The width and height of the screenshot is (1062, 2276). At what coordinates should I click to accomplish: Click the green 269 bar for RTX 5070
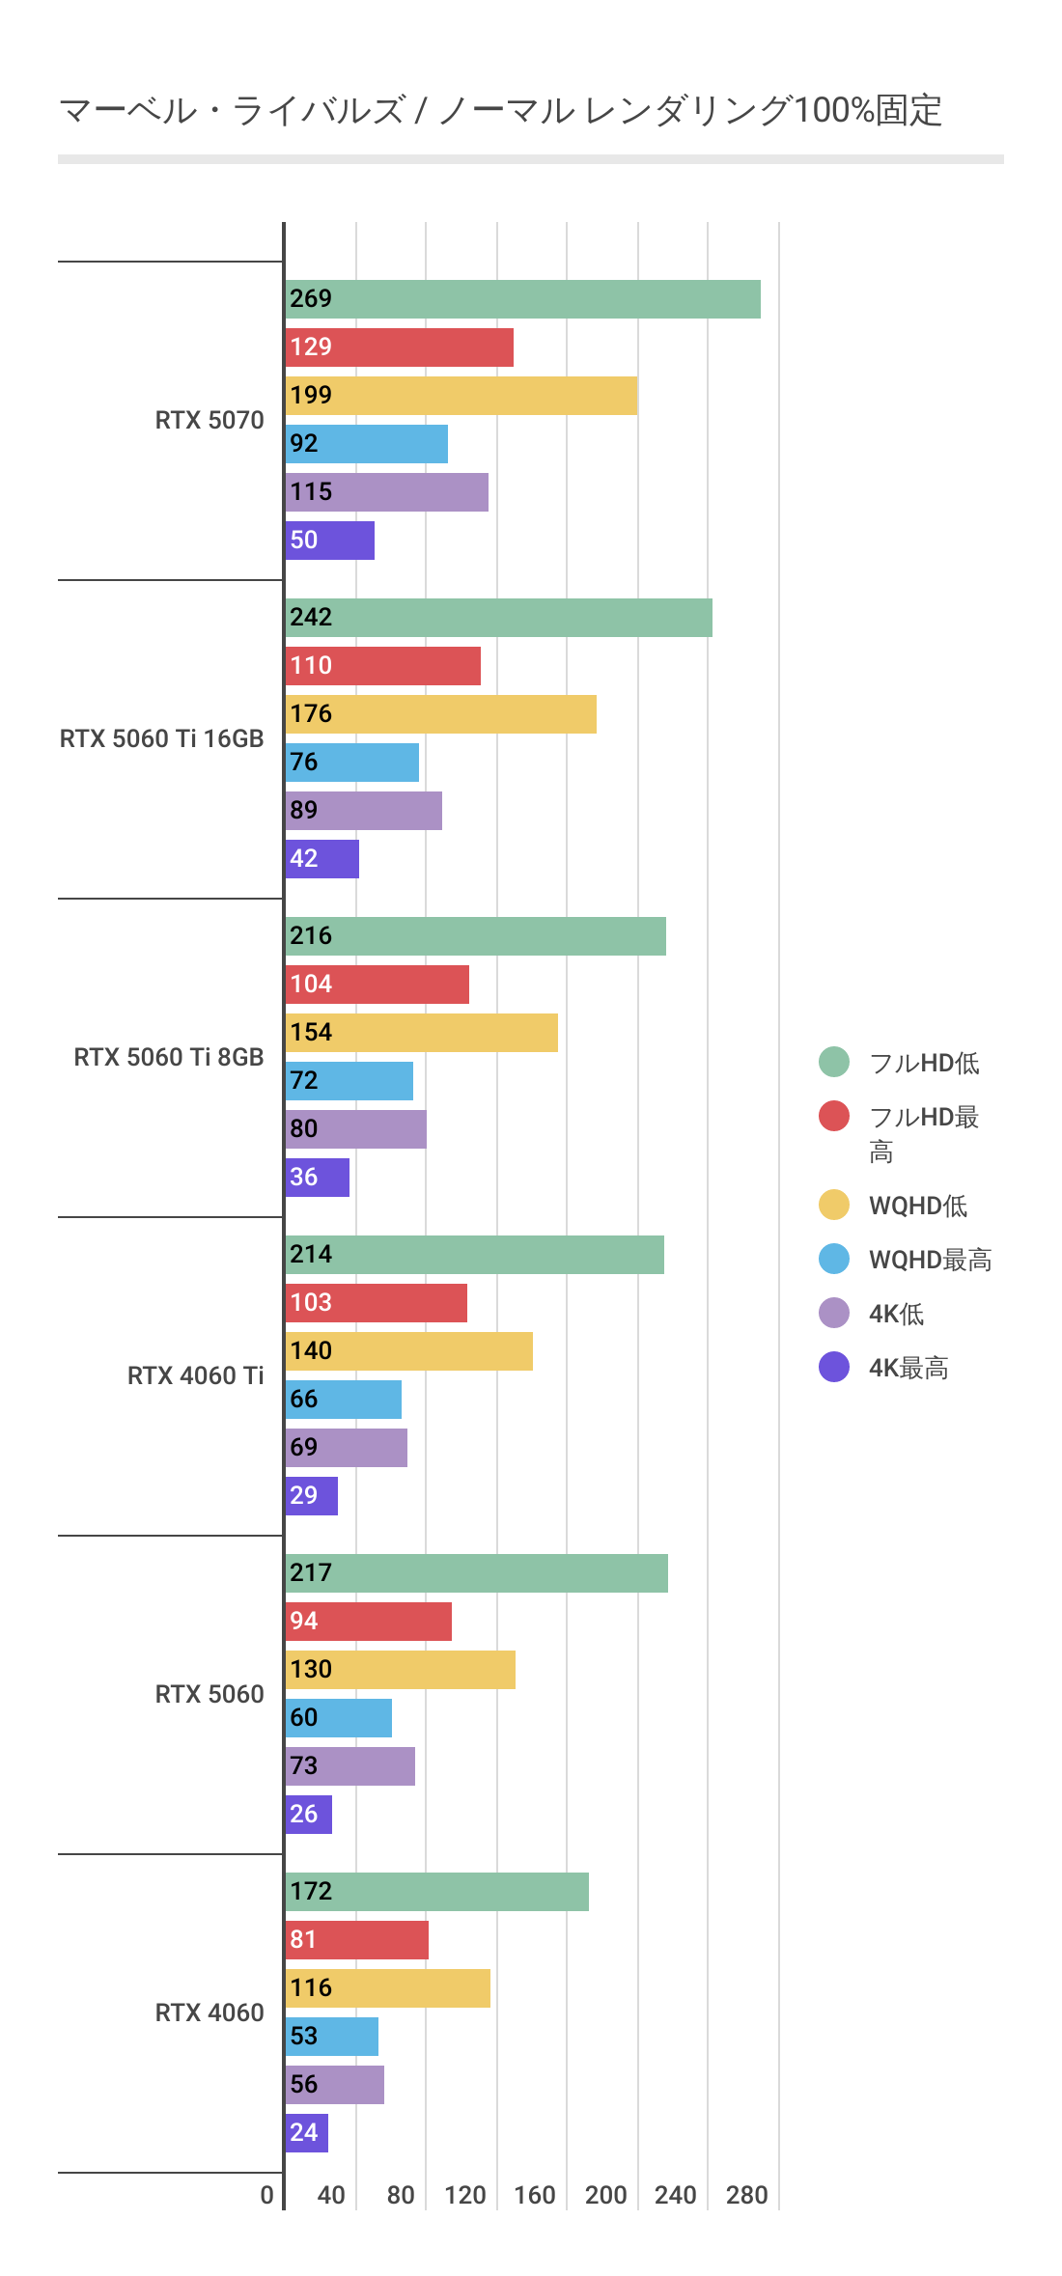click(x=522, y=299)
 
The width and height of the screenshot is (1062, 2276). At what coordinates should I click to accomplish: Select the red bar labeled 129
click(x=399, y=347)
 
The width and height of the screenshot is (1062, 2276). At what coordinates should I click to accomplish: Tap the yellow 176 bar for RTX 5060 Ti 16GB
click(x=440, y=714)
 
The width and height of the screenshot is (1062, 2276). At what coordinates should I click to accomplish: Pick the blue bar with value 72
click(x=349, y=1081)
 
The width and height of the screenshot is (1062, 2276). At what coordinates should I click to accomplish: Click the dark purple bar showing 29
click(x=311, y=1496)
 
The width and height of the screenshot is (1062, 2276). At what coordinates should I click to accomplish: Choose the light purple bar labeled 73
click(x=349, y=1766)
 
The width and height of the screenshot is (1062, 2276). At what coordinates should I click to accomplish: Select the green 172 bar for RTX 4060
click(x=436, y=1892)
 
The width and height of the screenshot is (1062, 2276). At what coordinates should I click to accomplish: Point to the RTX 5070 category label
click(x=210, y=420)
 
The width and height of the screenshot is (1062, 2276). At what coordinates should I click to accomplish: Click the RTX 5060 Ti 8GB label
click(x=169, y=1057)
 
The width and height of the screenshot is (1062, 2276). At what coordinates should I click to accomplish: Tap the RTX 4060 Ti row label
click(x=195, y=1375)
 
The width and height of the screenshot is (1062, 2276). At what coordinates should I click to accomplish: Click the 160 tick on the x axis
click(x=534, y=2195)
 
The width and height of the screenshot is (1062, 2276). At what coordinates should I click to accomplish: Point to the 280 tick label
click(x=746, y=2195)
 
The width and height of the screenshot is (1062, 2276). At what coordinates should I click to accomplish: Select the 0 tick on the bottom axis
click(x=267, y=2195)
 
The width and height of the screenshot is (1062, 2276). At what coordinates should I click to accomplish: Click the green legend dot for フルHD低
click(x=834, y=1062)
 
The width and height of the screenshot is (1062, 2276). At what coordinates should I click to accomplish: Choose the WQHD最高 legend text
click(x=930, y=1260)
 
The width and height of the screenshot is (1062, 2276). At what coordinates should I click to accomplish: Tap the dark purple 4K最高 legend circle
click(x=834, y=1367)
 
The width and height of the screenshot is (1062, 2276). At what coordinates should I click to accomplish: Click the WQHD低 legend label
click(x=917, y=1206)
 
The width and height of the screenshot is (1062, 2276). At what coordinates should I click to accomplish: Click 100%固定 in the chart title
click(x=869, y=111)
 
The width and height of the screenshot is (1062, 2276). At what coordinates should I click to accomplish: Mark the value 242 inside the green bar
click(x=311, y=617)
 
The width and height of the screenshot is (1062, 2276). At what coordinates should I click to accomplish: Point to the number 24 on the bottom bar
click(x=303, y=2132)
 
